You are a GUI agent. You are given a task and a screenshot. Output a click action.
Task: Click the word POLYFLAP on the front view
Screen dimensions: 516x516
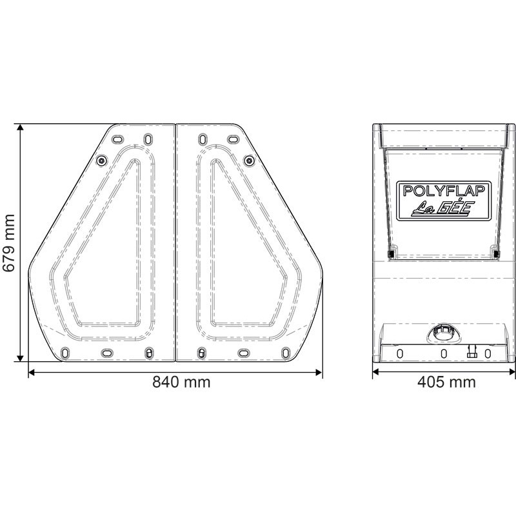coord(444,191)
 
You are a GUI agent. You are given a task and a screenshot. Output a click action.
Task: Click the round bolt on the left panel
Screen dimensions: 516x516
coord(100,160)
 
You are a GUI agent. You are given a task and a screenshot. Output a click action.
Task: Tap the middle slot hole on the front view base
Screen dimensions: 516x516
coord(444,353)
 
